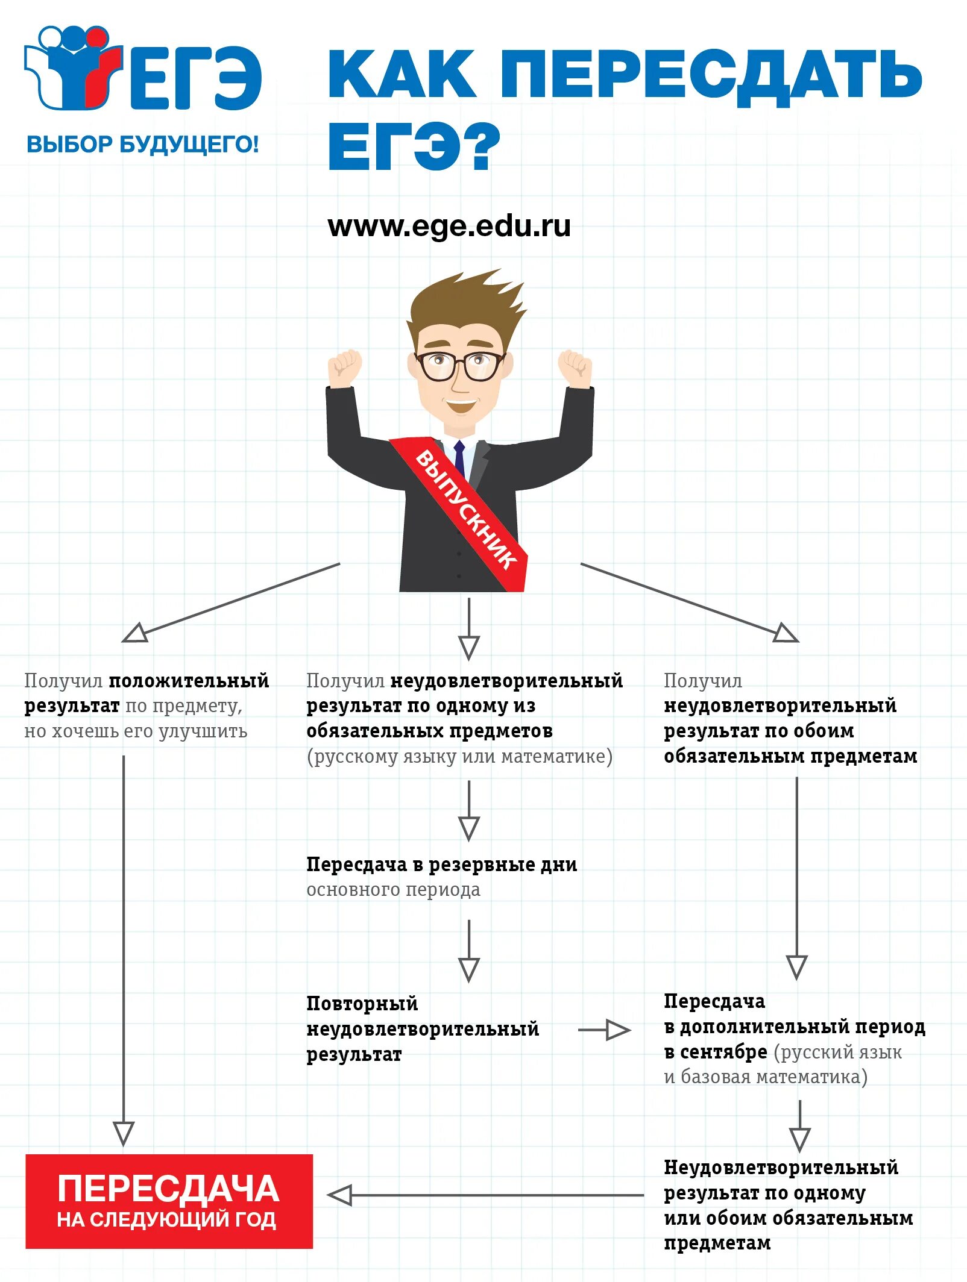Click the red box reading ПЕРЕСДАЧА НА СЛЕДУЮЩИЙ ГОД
pyautogui.click(x=169, y=1201)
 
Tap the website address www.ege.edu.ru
pyautogui.click(x=449, y=227)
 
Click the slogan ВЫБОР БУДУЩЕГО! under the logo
pyautogui.click(x=143, y=145)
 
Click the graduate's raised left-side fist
pyautogui.click(x=344, y=367)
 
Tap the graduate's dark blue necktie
pyautogui.click(x=459, y=458)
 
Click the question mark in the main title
pyautogui.click(x=478, y=146)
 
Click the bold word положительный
pyautogui.click(x=189, y=681)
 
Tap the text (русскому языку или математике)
pyautogui.click(x=459, y=756)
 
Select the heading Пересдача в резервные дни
pyautogui.click(x=441, y=865)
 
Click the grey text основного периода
pyautogui.click(x=393, y=890)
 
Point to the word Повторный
pyautogui.click(x=362, y=1004)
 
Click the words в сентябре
pyautogui.click(x=716, y=1052)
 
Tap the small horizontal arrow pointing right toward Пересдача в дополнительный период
pyautogui.click(x=605, y=1030)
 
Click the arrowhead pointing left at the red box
pyautogui.click(x=341, y=1195)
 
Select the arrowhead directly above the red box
pyautogui.click(x=124, y=1133)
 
